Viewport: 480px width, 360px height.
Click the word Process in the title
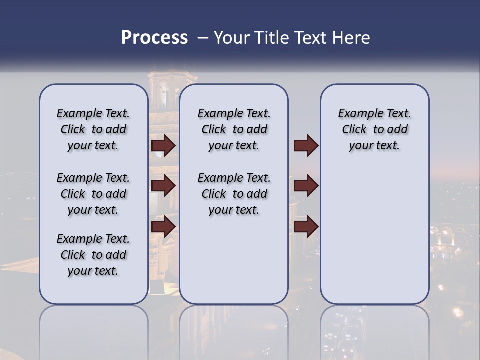tap(154, 38)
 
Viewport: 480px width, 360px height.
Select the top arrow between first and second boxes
tap(163, 146)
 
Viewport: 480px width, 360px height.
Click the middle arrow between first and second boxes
tap(163, 186)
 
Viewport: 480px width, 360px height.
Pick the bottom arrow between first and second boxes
tap(163, 227)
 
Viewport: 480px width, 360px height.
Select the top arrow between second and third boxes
tap(306, 146)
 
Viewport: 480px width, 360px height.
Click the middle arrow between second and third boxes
tap(306, 186)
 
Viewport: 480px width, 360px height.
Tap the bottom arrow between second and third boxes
tap(306, 227)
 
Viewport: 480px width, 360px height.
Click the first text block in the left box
tap(93, 129)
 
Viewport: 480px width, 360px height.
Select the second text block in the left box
tap(93, 194)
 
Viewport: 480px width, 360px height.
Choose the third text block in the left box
tap(93, 255)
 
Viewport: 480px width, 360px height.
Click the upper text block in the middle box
tap(234, 129)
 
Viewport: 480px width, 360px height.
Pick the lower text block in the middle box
tap(234, 194)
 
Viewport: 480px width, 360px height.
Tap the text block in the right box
tap(374, 129)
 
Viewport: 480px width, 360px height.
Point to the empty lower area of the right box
tap(374, 235)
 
